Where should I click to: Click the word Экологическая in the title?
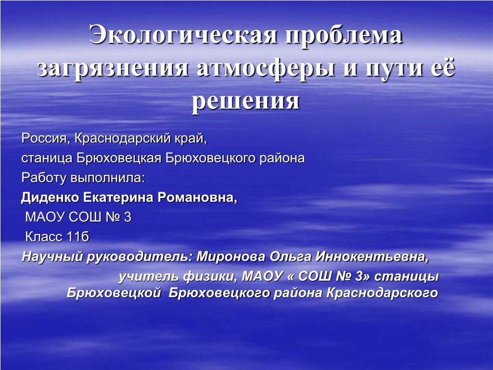click(183, 34)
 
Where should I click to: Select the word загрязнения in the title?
click(113, 68)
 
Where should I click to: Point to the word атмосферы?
click(266, 68)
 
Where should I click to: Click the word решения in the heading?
click(246, 102)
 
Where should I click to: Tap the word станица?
click(47, 158)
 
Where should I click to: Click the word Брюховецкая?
click(119, 158)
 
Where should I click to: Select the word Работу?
click(44, 178)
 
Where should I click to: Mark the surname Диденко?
click(50, 198)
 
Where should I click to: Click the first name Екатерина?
click(118, 198)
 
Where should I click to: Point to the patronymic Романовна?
click(197, 198)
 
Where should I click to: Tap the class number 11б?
click(78, 237)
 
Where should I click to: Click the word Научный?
click(52, 257)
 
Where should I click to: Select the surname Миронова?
click(231, 257)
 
